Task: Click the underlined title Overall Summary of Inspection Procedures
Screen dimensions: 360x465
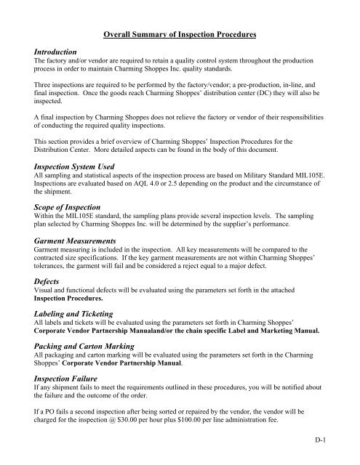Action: (180, 34)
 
